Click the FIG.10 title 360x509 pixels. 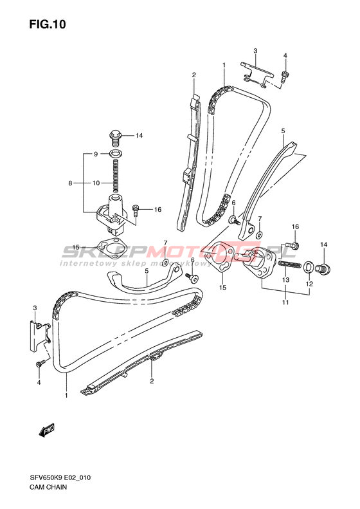(48, 24)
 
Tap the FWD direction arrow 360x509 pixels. (46, 430)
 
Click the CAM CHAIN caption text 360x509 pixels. (48, 487)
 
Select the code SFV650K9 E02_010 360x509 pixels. (60, 477)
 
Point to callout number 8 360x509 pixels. (70, 183)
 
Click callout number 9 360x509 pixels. (96, 154)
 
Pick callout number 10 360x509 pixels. (96, 183)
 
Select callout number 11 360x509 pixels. (285, 302)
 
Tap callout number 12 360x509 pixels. (309, 284)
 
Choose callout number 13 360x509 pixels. (285, 280)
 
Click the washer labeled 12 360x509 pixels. (309, 267)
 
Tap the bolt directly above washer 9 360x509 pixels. (115, 138)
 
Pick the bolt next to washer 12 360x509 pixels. (323, 268)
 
